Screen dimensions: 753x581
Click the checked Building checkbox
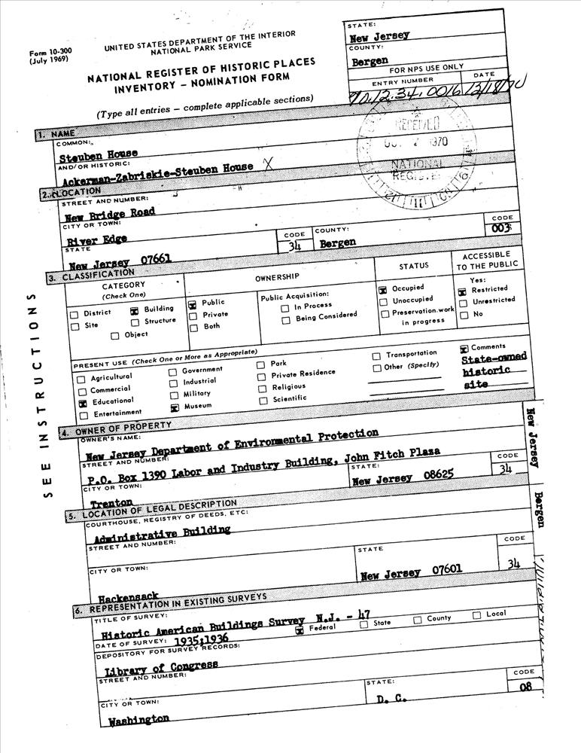(134, 309)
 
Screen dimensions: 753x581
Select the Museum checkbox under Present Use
(174, 407)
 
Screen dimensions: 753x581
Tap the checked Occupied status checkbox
(383, 289)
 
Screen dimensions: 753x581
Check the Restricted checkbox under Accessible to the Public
(463, 289)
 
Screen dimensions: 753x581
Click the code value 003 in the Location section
(502, 227)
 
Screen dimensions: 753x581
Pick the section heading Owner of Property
(123, 431)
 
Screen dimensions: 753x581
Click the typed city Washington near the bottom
(138, 720)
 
